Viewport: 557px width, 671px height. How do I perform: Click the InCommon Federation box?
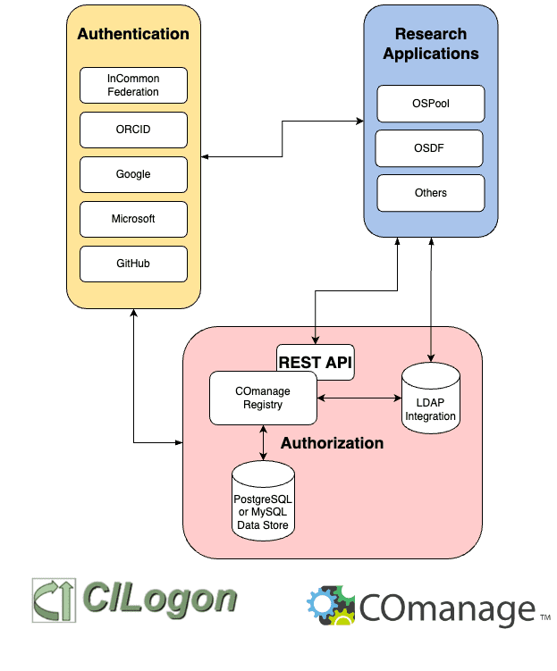pyautogui.click(x=133, y=85)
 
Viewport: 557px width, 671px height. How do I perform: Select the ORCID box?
pyautogui.click(x=133, y=130)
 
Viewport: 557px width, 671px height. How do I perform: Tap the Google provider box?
pyautogui.click(x=133, y=174)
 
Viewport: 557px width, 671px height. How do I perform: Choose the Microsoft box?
pyautogui.click(x=133, y=219)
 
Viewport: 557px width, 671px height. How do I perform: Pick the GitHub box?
pyautogui.click(x=133, y=264)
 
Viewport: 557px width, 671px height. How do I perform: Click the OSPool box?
pyautogui.click(x=431, y=104)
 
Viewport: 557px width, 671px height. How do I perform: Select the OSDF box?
pyautogui.click(x=429, y=148)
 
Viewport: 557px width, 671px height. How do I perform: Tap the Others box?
pyautogui.click(x=431, y=193)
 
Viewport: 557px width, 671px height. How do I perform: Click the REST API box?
pyautogui.click(x=316, y=362)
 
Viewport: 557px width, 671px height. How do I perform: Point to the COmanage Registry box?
pyautogui.click(x=262, y=398)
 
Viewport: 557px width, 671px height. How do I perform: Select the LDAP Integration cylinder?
pyautogui.click(x=430, y=398)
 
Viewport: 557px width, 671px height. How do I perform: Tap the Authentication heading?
pyautogui.click(x=133, y=35)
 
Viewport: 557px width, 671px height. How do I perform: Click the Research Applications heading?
pyautogui.click(x=431, y=44)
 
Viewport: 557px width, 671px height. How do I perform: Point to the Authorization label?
pyautogui.click(x=332, y=443)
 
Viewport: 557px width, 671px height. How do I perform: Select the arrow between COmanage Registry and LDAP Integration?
pyautogui.click(x=359, y=398)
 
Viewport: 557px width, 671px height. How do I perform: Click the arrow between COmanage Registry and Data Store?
pyautogui.click(x=263, y=443)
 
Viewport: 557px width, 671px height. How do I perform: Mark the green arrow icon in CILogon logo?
pyautogui.click(x=54, y=599)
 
